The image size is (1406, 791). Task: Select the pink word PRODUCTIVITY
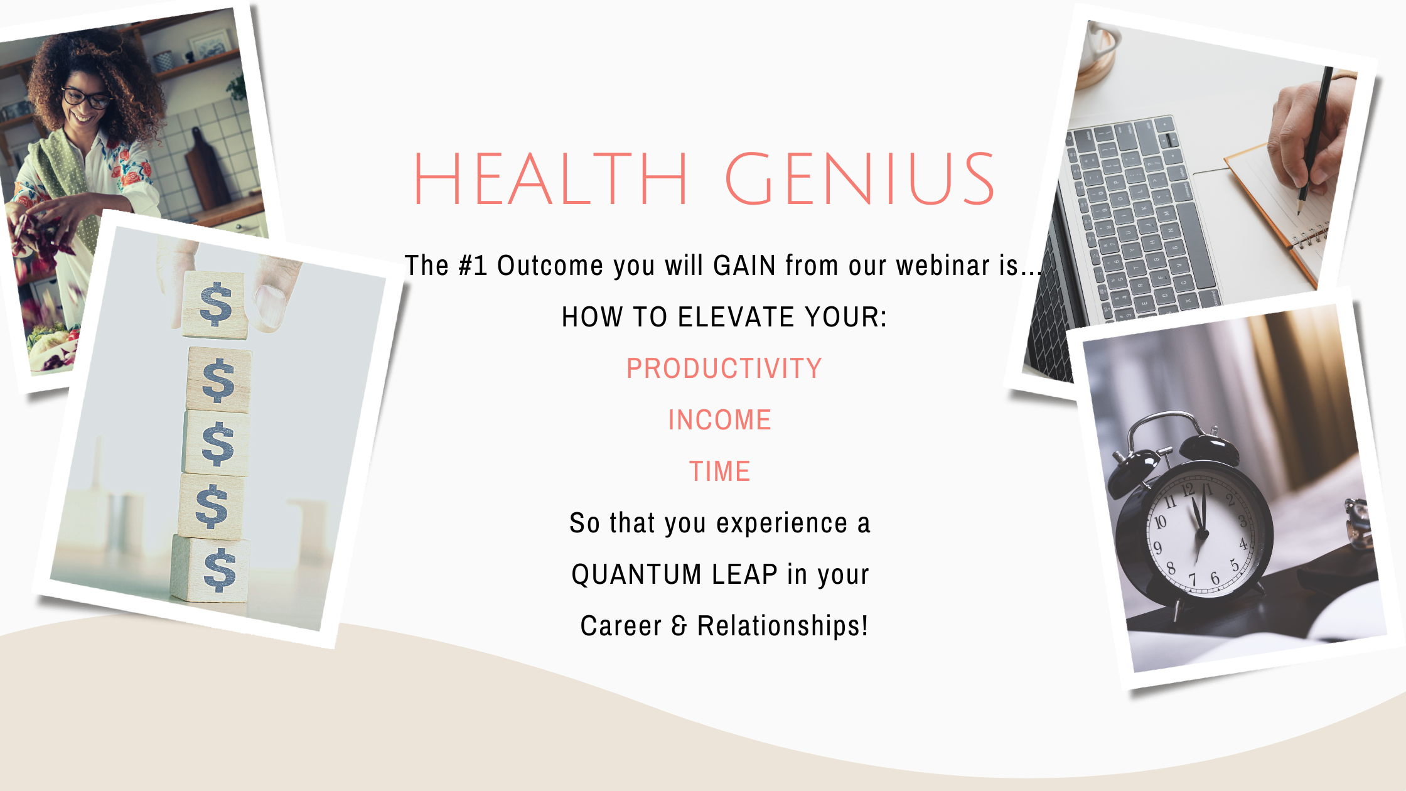(724, 369)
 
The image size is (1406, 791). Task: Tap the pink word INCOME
(719, 420)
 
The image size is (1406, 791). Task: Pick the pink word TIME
(720, 471)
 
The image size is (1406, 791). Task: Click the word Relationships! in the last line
(783, 626)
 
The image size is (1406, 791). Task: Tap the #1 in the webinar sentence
(473, 266)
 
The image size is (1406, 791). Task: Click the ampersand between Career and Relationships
(679, 627)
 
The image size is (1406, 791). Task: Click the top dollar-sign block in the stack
(215, 305)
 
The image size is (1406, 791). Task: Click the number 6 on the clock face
(1215, 578)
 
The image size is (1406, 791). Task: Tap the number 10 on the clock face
(1160, 521)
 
